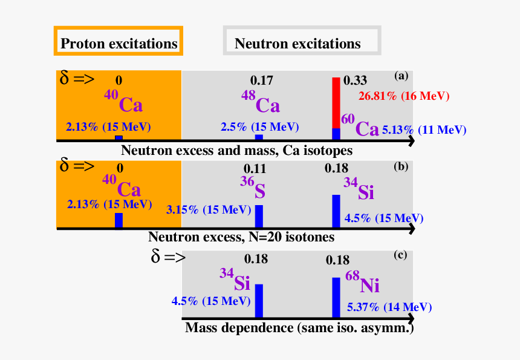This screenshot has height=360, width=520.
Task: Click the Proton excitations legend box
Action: (118, 41)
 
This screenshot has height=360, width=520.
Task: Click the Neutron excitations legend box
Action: (302, 41)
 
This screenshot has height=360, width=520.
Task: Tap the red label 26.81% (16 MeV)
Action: (404, 96)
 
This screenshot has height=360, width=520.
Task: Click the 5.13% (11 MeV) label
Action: (424, 129)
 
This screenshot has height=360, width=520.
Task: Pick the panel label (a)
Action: (401, 76)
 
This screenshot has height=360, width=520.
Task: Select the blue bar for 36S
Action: (259, 215)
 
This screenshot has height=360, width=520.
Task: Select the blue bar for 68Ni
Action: (336, 297)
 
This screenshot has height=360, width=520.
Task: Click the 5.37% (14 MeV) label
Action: (389, 307)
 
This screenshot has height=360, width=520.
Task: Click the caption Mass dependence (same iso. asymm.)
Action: (300, 328)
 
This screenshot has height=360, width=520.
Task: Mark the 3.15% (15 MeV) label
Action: (209, 210)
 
